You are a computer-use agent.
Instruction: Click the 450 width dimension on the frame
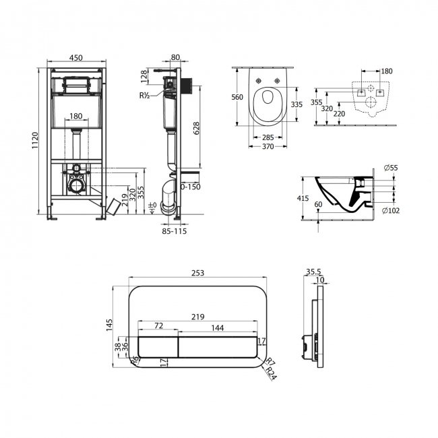click(x=76, y=58)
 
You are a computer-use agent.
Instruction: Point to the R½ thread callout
click(x=145, y=96)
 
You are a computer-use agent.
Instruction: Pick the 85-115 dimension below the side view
click(x=174, y=231)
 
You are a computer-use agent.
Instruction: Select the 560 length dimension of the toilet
click(x=238, y=97)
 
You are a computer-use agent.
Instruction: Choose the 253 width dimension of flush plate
click(x=197, y=273)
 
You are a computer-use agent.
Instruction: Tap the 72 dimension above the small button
click(x=158, y=325)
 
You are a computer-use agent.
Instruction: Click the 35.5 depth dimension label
click(x=314, y=273)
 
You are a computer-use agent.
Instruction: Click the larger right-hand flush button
click(x=218, y=346)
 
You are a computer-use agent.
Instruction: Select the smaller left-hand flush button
click(x=158, y=346)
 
